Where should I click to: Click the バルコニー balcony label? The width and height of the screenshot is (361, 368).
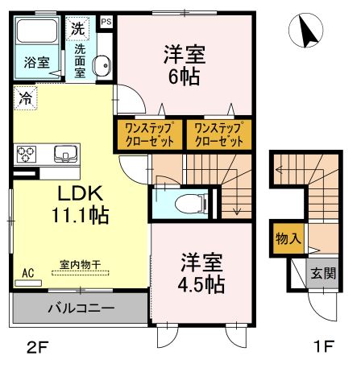pos(80,308)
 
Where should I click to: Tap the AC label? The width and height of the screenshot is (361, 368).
pos(28,272)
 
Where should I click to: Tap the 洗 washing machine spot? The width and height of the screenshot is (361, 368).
pos(77,27)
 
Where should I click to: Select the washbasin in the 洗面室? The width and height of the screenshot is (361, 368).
pos(102,67)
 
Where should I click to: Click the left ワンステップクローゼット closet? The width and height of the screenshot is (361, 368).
pos(148,134)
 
